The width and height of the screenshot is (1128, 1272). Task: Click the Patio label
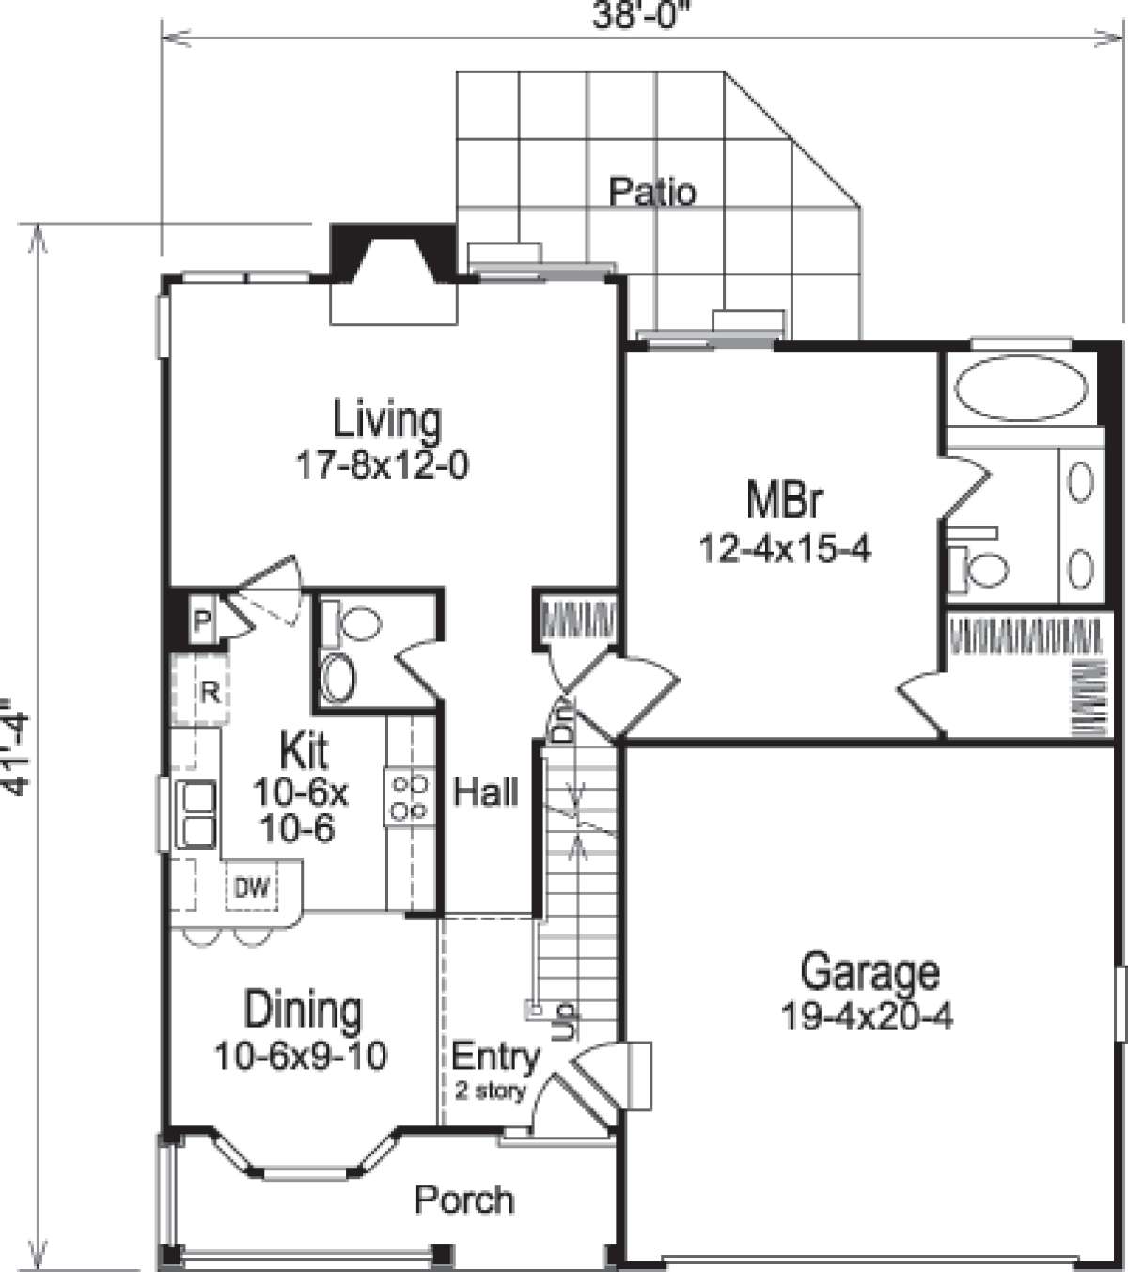tap(652, 192)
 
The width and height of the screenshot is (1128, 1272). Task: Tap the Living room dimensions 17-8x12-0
tap(383, 466)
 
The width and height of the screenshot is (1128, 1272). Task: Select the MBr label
tap(784, 499)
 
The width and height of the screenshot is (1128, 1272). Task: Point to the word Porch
tap(464, 1200)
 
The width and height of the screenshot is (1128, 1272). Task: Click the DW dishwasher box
tap(252, 887)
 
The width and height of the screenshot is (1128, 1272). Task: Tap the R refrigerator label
tap(210, 693)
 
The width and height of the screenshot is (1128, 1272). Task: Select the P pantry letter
tap(201, 621)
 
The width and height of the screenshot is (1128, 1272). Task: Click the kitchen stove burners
tap(409, 797)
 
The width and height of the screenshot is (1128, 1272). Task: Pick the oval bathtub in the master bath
tap(1021, 388)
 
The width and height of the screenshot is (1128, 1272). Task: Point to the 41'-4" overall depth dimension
tap(14, 747)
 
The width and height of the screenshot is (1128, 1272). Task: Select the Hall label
tap(486, 792)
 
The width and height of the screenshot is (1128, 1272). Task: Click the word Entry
tap(495, 1056)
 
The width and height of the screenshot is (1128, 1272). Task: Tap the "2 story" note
tap(490, 1091)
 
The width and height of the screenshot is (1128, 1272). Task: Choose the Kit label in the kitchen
tap(303, 749)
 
